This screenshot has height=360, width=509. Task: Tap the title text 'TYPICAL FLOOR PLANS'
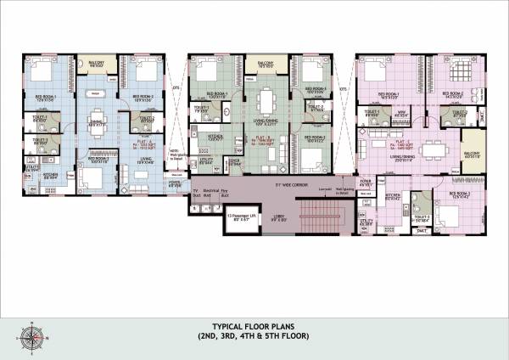(x=255, y=326)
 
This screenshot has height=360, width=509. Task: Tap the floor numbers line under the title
(x=255, y=337)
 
